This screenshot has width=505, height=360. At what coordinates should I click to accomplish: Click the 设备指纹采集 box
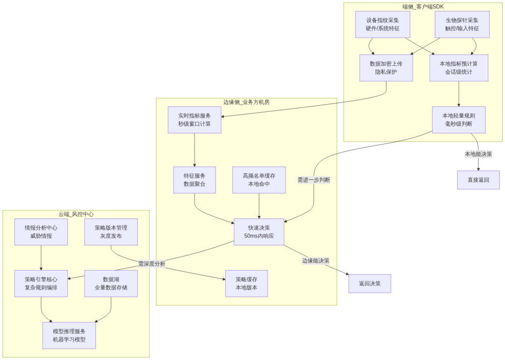(382, 24)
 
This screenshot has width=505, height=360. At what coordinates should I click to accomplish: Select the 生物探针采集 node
(462, 24)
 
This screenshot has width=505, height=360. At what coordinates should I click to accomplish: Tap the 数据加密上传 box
(386, 68)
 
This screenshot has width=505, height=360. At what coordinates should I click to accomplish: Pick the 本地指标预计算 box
(459, 68)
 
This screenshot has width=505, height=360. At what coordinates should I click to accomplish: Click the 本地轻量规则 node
(459, 120)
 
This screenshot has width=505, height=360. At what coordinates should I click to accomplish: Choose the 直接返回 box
(478, 180)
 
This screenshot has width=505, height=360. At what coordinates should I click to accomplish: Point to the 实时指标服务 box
(195, 120)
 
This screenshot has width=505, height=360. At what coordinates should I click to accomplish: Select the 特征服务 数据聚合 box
(195, 180)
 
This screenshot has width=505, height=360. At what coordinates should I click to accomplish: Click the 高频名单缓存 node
(259, 180)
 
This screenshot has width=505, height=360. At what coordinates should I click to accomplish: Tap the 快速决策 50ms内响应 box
(259, 232)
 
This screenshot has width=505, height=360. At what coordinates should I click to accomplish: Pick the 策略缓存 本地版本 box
(246, 283)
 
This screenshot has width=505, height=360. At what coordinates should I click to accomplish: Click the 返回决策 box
(369, 283)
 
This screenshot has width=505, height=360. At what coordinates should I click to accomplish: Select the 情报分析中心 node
(41, 232)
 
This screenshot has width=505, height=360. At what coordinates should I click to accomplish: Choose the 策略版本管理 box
(111, 232)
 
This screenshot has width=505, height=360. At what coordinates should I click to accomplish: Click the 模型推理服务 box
(69, 335)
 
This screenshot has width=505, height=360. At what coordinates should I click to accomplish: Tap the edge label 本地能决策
(478, 154)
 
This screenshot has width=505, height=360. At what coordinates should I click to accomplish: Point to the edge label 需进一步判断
(314, 180)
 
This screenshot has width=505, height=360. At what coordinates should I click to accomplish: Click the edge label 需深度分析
(151, 264)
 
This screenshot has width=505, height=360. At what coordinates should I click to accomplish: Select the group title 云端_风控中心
(76, 214)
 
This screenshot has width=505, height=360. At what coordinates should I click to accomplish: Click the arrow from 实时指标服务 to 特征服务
(195, 150)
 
